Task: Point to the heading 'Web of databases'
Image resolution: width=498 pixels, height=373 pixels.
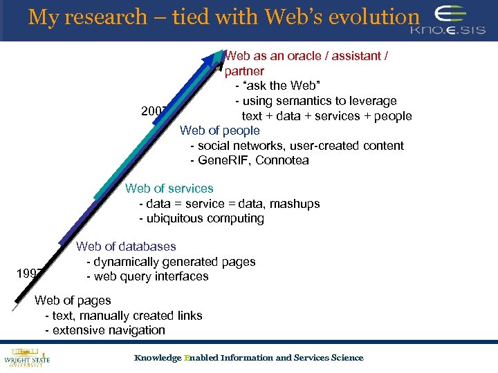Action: (126, 247)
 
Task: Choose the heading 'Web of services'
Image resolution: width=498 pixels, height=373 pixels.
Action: (169, 189)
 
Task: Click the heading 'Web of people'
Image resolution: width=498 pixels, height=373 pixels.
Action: (220, 131)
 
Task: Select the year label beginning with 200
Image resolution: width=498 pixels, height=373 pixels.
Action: (154, 111)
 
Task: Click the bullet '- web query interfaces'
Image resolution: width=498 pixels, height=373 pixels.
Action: (147, 276)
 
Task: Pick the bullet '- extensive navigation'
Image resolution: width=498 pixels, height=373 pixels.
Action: (105, 330)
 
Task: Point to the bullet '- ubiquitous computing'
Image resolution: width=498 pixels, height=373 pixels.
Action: (201, 219)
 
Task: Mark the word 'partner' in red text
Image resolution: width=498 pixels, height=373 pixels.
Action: (244, 71)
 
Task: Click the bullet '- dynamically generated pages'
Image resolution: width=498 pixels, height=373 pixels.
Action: (171, 262)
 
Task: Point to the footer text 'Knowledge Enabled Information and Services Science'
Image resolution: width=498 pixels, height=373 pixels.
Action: (248, 358)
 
